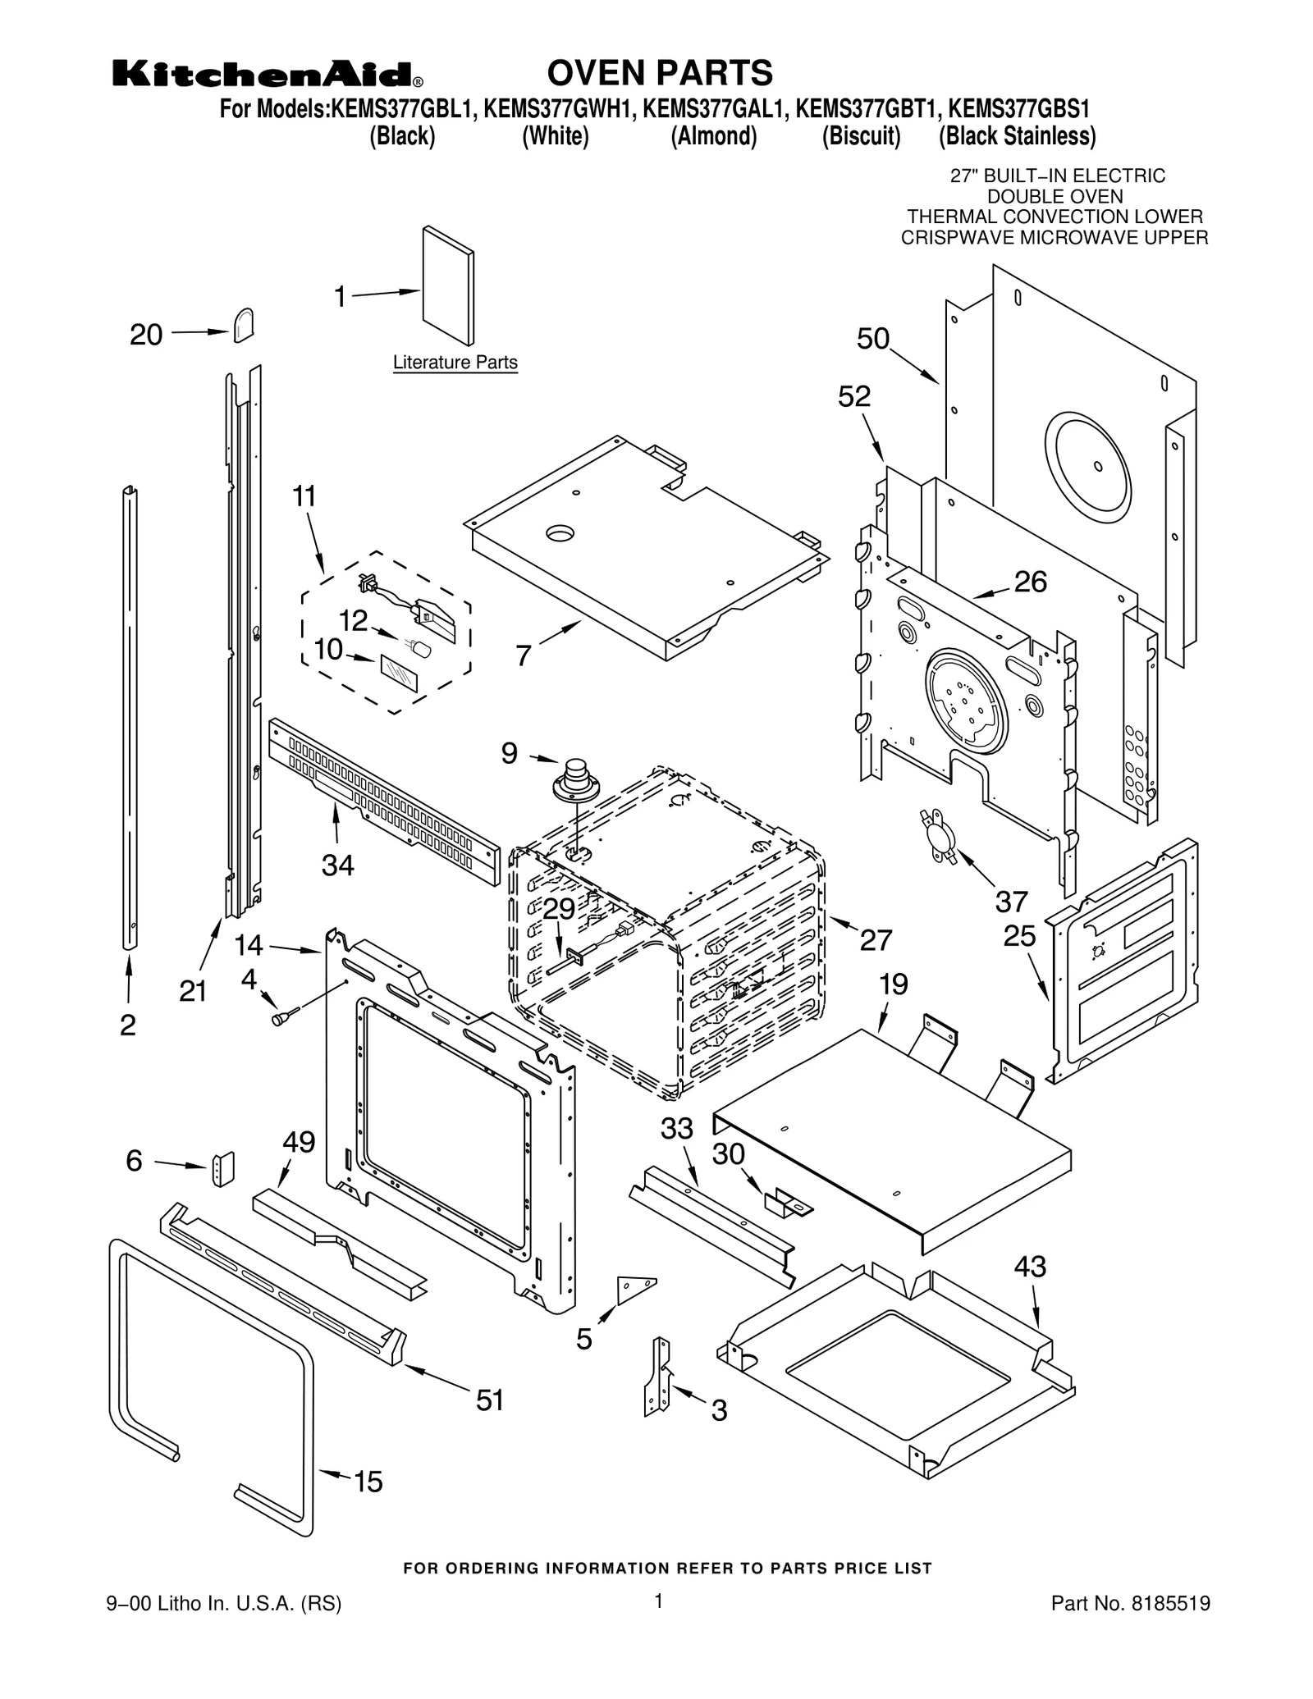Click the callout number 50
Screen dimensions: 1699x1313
click(873, 339)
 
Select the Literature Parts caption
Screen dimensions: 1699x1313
click(455, 362)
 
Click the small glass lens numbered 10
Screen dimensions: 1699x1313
click(399, 674)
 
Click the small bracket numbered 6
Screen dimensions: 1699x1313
click(223, 1169)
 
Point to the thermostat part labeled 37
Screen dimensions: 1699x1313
click(940, 835)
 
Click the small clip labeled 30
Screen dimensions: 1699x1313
click(788, 1203)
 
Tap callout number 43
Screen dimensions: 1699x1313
click(1030, 1267)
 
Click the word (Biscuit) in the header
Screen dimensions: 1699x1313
click(861, 136)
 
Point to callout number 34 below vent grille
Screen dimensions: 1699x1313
click(337, 865)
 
